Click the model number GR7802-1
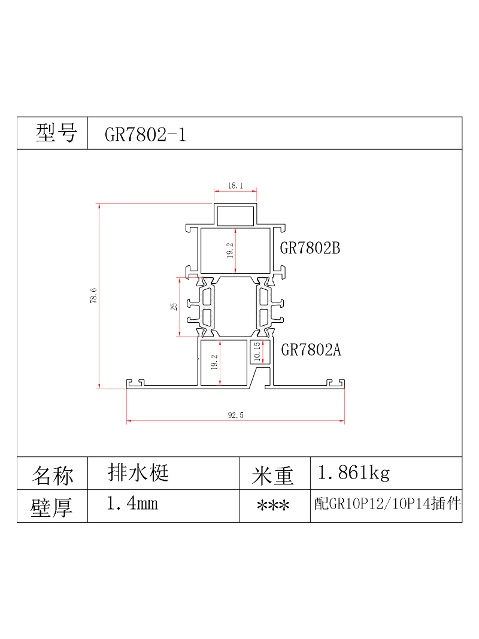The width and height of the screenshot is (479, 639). click(x=145, y=135)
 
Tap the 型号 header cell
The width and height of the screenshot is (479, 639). click(x=52, y=133)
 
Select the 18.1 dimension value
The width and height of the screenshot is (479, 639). click(x=235, y=186)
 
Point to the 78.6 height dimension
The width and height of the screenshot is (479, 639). click(x=93, y=295)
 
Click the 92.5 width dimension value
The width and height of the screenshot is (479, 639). click(x=235, y=415)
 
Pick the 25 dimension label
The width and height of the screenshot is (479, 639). click(x=174, y=307)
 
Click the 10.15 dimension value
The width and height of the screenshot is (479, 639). click(x=257, y=352)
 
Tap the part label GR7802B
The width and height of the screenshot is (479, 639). click(x=310, y=248)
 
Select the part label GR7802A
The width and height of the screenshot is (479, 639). click(x=311, y=350)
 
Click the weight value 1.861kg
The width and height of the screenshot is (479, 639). click(x=353, y=473)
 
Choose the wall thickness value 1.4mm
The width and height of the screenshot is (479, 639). click(x=132, y=503)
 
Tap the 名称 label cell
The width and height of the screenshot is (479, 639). click(x=52, y=473)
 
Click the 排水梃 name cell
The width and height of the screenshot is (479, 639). click(x=138, y=473)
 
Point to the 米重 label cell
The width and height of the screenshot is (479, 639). click(x=272, y=473)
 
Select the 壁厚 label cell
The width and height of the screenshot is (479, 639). click(x=52, y=506)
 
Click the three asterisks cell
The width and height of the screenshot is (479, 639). click(x=273, y=506)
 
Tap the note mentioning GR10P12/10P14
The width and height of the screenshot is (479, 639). click(x=387, y=504)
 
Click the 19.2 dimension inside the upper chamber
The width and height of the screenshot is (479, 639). click(x=230, y=250)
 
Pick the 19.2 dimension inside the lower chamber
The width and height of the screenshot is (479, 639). click(x=214, y=362)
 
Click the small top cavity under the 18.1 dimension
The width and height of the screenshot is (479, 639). click(x=235, y=216)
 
